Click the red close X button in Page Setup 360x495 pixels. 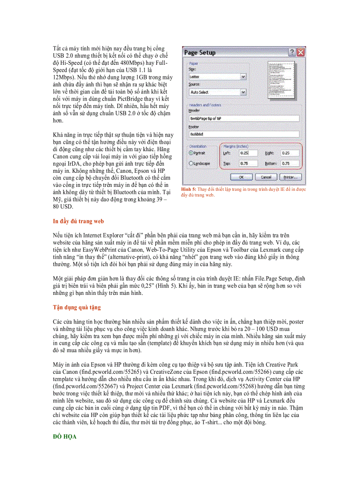click(x=301, y=52)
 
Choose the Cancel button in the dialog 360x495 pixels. click(x=266, y=177)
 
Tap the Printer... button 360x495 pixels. click(x=290, y=177)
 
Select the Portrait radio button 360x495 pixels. click(x=191, y=153)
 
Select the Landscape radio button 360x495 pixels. click(x=191, y=164)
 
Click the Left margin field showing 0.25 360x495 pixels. click(x=249, y=153)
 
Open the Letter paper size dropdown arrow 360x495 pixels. click(x=243, y=77)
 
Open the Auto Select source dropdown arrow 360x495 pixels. click(x=243, y=92)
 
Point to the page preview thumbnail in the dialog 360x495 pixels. click(x=282, y=77)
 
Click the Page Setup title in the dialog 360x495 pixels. click(x=200, y=52)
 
